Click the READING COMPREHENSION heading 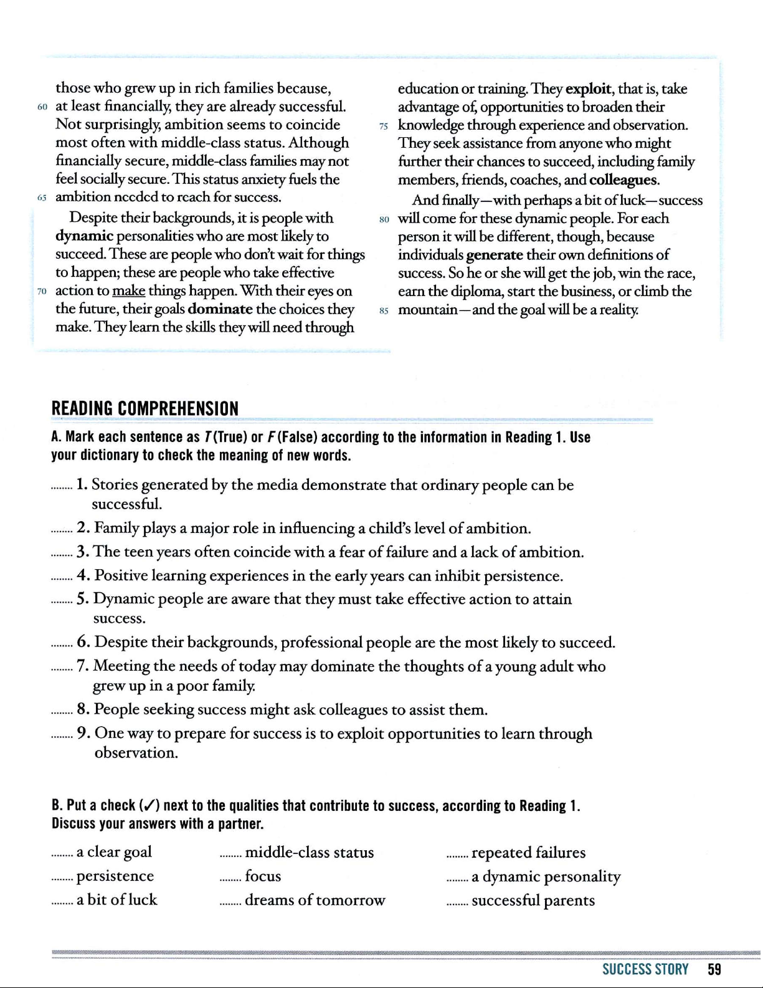(145, 409)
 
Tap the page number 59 (714, 969)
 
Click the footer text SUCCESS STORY (645, 969)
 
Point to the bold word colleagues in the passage (623, 180)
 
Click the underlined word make (128, 291)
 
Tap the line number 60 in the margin (42, 107)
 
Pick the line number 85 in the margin (384, 310)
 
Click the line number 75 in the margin (384, 126)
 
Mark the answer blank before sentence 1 (62, 486)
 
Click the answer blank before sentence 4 (62, 577)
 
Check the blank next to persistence (62, 878)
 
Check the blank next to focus (230, 878)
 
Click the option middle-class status (309, 852)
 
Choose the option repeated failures (528, 852)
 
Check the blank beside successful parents (457, 902)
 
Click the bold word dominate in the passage (220, 309)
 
